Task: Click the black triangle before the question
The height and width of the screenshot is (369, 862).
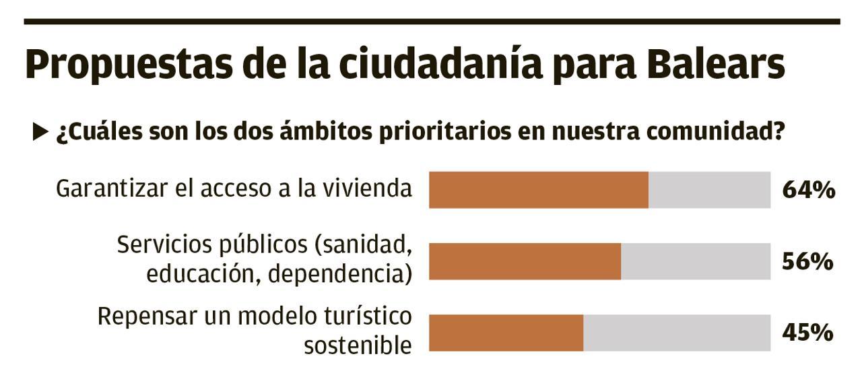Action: (x=40, y=133)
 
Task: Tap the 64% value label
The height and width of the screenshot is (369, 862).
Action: (x=808, y=191)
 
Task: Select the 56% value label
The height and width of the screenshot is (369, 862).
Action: (x=807, y=262)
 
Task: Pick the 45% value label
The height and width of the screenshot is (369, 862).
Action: (x=807, y=333)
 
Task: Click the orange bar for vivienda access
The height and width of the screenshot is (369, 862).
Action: (x=539, y=190)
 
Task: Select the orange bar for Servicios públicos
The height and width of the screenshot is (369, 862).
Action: (x=525, y=261)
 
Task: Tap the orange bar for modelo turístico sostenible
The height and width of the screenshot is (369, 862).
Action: (x=506, y=333)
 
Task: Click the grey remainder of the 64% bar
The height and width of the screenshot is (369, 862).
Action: (x=709, y=190)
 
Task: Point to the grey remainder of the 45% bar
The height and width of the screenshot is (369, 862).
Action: (x=677, y=333)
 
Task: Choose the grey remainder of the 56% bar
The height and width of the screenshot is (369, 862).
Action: (x=696, y=261)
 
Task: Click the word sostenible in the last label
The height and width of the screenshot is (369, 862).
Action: (x=358, y=345)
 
